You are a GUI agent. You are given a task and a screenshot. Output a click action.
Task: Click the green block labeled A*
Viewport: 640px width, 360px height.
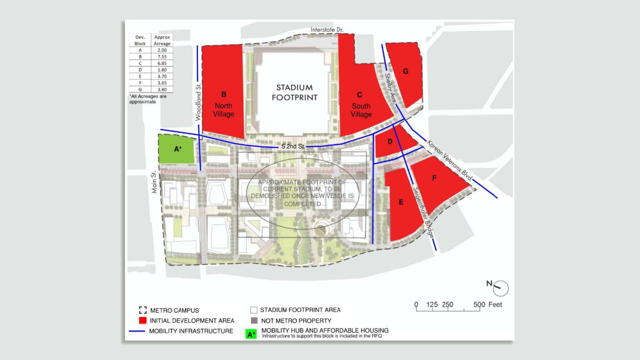click(x=176, y=149)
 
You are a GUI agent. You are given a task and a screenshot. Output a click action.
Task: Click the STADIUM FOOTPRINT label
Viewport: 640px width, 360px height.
click(x=294, y=92)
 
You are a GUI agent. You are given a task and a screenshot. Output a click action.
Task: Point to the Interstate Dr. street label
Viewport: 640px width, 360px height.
click(x=327, y=30)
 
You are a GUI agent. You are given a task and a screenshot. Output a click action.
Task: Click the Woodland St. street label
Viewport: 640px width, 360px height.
click(x=198, y=102)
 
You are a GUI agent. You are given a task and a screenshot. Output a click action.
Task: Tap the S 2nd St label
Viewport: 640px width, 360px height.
click(x=292, y=146)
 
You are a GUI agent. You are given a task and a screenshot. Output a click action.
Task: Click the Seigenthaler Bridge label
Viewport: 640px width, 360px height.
click(x=423, y=212)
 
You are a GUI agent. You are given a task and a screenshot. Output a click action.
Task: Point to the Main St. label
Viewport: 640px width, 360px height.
click(x=154, y=182)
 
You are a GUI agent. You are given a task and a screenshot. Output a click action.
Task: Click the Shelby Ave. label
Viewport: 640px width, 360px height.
click(x=390, y=88)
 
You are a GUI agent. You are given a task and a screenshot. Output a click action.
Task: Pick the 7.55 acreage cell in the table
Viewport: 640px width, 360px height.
click(x=162, y=57)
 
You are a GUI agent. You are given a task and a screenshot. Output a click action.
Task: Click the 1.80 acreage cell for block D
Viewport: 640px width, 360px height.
click(x=162, y=70)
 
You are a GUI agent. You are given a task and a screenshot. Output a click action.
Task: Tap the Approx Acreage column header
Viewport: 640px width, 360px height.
click(x=162, y=40)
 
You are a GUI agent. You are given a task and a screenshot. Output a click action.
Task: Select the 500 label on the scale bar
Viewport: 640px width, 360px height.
click(x=479, y=304)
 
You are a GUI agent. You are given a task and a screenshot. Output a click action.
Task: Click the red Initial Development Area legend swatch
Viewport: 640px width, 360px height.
click(x=143, y=321)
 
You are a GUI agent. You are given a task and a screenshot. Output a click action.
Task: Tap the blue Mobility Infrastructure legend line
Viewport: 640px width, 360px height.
click(x=137, y=331)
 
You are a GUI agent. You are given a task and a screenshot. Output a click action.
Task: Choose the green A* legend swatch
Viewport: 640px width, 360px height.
click(x=251, y=334)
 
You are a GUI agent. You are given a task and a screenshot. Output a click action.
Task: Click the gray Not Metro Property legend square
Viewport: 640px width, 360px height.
click(x=254, y=321)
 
